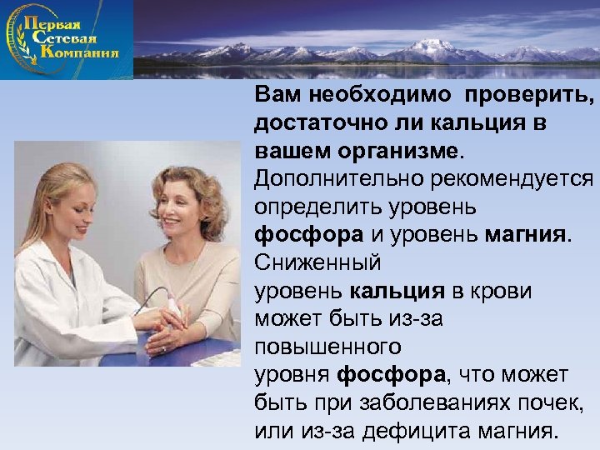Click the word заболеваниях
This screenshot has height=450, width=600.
[427, 404]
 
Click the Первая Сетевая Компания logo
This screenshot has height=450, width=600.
[67, 39]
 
